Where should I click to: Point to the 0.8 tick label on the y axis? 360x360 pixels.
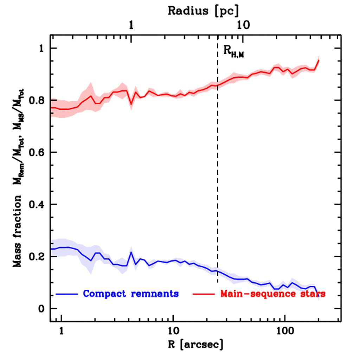(37, 100)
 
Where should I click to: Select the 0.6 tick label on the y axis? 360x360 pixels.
(37, 152)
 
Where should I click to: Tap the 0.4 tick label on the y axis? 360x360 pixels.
(37, 204)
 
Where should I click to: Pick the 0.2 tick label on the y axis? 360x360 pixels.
(37, 256)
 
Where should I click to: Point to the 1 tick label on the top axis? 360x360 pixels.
(131, 25)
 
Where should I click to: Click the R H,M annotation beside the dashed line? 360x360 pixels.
(233, 52)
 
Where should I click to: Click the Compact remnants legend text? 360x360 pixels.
(131, 294)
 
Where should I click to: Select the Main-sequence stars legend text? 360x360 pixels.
(273, 294)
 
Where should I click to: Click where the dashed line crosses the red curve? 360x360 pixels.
(218, 85)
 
